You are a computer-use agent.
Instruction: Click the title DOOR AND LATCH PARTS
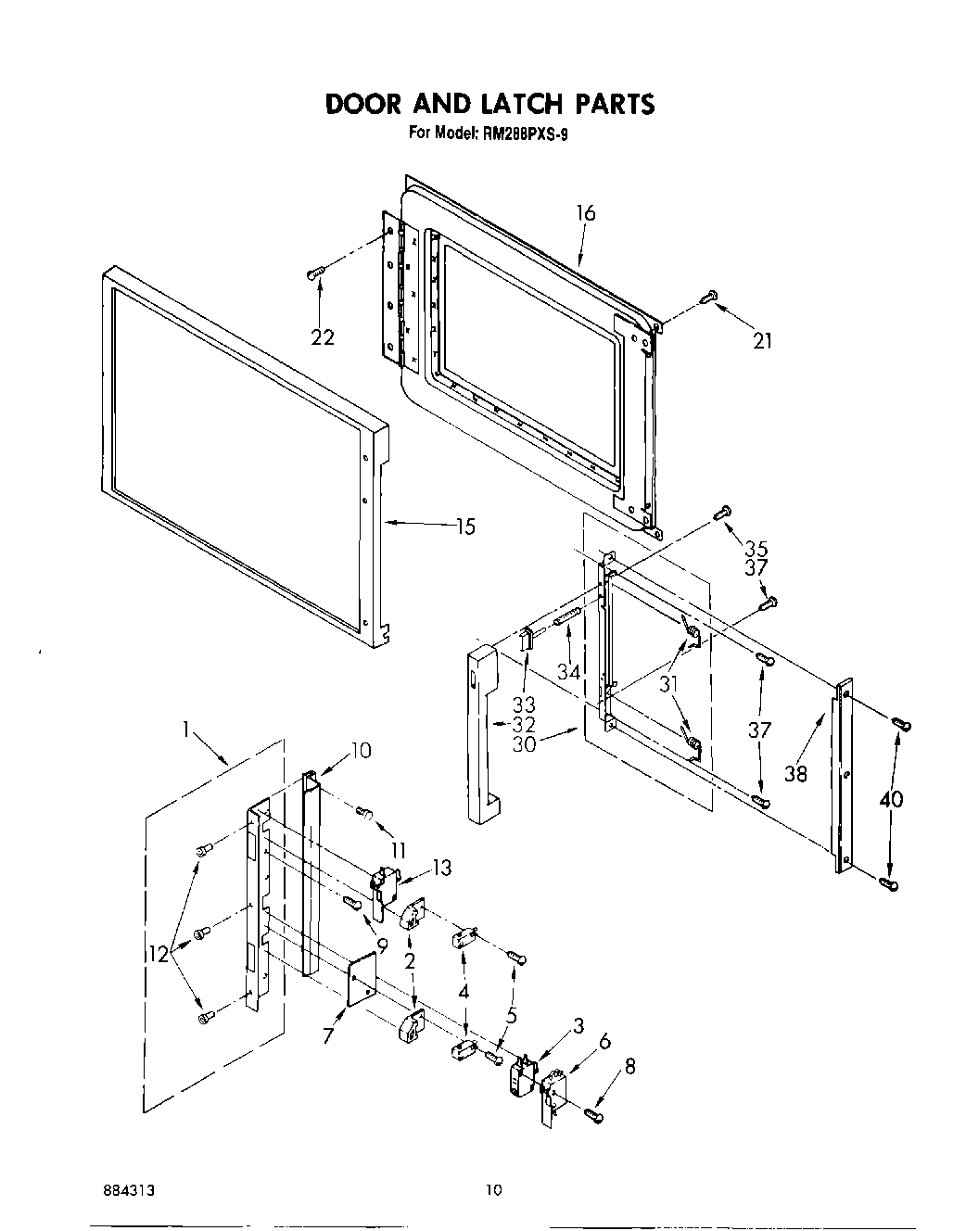point(489,104)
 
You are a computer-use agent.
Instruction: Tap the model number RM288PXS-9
point(525,133)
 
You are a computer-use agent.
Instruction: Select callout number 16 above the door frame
point(585,213)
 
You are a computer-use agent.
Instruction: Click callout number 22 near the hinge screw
point(322,338)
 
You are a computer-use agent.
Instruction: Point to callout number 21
point(762,341)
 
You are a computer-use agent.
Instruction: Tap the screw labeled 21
point(710,296)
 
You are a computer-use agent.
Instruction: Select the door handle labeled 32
point(481,732)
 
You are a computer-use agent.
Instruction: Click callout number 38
point(795,772)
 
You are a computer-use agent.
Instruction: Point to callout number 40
point(892,799)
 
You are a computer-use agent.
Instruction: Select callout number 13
point(441,868)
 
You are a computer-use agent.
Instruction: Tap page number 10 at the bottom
point(494,1190)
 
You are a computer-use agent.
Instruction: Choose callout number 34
point(568,672)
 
